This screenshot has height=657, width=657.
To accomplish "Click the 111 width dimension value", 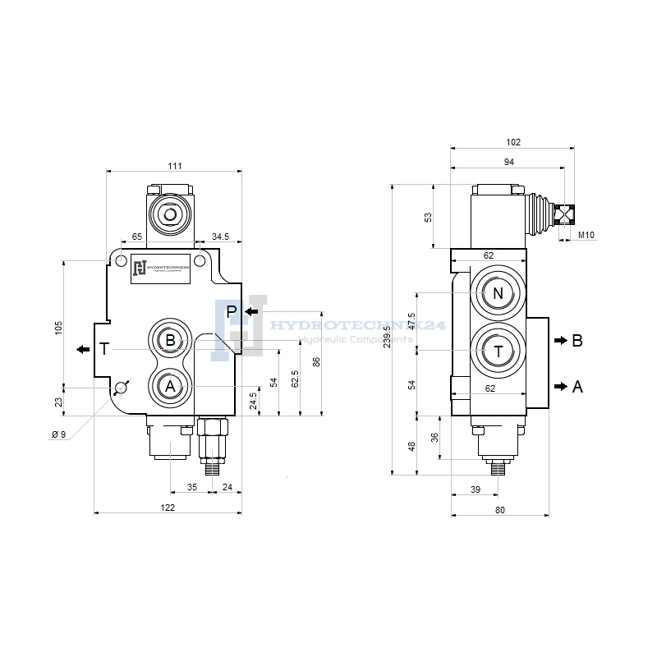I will [175, 166].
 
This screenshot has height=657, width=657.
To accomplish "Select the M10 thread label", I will [586, 236].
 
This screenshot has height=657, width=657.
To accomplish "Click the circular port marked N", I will [498, 293].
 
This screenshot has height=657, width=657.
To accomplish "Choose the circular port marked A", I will [170, 385].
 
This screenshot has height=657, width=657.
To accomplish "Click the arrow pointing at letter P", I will [251, 311].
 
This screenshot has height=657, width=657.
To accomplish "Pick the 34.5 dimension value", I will [221, 237].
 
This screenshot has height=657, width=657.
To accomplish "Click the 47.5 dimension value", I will [411, 320].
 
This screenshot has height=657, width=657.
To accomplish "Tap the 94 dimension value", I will [508, 163].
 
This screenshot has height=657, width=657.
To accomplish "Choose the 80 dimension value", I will [500, 510].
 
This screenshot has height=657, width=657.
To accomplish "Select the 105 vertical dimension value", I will [58, 327].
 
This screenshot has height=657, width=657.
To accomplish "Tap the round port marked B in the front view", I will [170, 340].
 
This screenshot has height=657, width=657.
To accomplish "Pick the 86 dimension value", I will [316, 361].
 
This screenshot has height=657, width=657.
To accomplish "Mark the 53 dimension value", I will [427, 217].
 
